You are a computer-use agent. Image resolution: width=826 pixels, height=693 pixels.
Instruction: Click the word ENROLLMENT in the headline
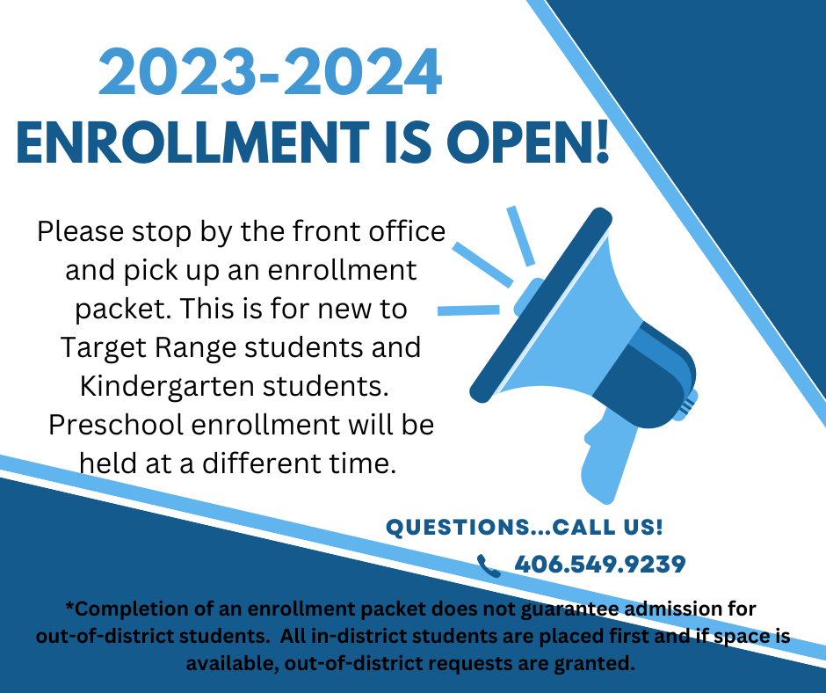(192, 142)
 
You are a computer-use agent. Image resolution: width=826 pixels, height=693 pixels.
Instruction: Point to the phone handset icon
(489, 565)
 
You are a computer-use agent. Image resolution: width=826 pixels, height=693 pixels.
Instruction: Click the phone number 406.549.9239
(600, 565)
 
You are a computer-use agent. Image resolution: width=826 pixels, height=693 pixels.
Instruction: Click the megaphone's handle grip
(607, 456)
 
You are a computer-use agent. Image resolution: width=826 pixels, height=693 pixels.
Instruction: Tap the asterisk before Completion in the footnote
(69, 606)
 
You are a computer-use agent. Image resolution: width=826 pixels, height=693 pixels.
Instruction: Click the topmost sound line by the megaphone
(521, 236)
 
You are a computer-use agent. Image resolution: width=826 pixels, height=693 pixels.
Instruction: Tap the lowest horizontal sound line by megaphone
(469, 310)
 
